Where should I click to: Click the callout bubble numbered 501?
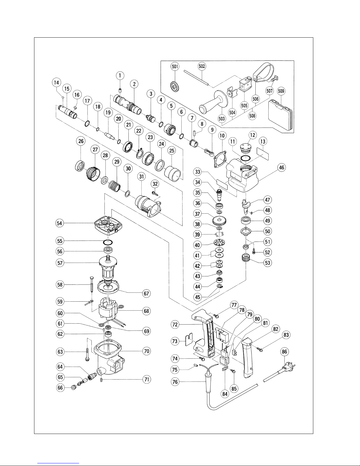(175, 66)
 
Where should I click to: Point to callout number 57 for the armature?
(60, 263)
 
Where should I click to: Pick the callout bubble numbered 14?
(56, 83)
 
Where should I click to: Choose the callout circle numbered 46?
(282, 167)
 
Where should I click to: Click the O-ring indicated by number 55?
(108, 243)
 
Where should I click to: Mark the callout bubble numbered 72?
(175, 325)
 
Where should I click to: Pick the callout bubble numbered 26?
(81, 141)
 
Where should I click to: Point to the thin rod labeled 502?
(196, 77)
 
